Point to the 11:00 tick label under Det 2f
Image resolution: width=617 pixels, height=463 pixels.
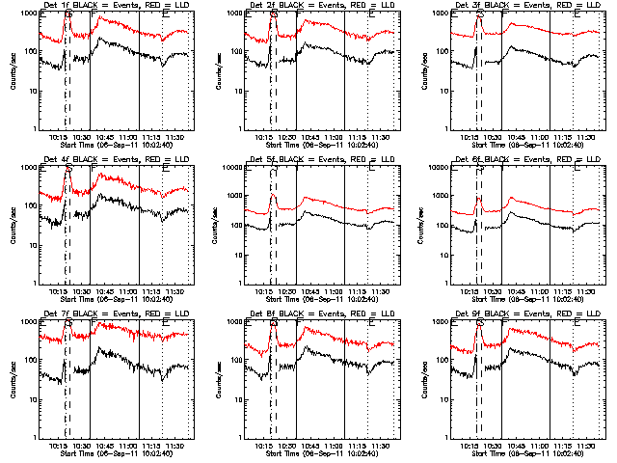(333, 138)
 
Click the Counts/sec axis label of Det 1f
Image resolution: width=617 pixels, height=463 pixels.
(11, 71)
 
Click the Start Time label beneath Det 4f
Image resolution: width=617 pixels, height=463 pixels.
(114, 300)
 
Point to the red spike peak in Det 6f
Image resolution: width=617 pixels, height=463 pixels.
(479, 198)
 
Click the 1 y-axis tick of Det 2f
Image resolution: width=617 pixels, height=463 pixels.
(236, 129)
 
